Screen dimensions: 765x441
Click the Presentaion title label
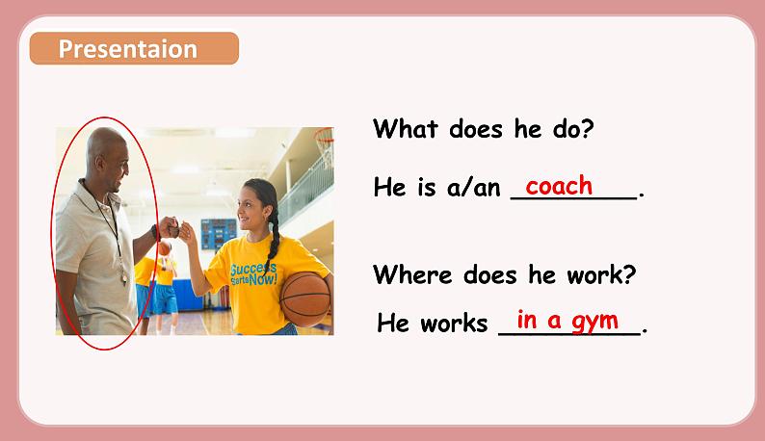pos(128,49)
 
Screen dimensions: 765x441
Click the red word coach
pos(559,186)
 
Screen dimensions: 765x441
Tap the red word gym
pos(595,322)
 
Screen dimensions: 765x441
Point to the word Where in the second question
pos(412,274)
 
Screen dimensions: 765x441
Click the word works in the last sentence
pos(454,323)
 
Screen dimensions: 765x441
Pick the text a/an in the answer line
pos(473,187)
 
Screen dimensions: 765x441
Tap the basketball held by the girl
pos(305,298)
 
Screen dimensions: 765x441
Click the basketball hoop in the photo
pos(325,143)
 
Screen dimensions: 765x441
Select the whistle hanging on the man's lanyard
pos(124,278)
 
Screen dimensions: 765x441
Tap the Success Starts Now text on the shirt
pos(253,274)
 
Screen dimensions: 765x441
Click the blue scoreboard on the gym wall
pos(219,234)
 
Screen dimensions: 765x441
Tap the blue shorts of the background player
pos(165,299)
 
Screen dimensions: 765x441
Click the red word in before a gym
pos(527,320)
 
